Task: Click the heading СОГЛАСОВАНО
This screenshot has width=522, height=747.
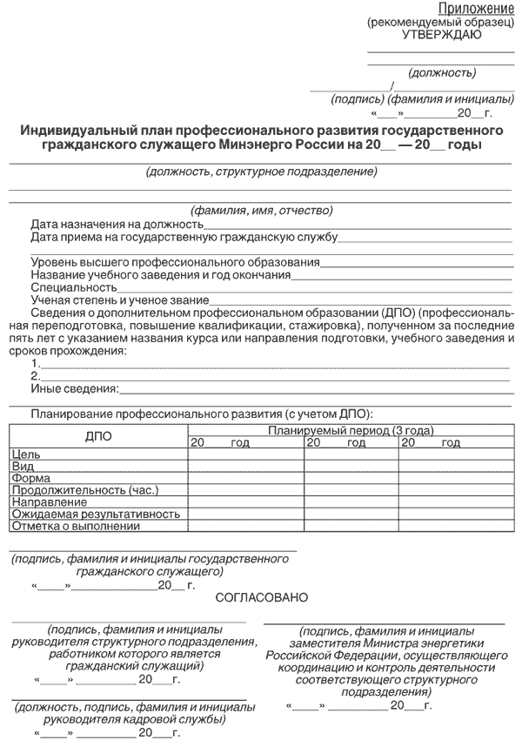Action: coord(261,598)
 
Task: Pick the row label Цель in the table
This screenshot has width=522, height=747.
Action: coord(25,454)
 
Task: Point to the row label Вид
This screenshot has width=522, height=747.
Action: coord(22,467)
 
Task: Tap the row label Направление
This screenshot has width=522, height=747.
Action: coord(50,502)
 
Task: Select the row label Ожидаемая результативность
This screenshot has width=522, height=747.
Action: coord(96,515)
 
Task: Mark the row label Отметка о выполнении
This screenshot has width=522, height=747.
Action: coord(77,527)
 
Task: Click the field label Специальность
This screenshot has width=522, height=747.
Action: coord(73,286)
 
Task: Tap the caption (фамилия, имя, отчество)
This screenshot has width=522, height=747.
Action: coord(261,210)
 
